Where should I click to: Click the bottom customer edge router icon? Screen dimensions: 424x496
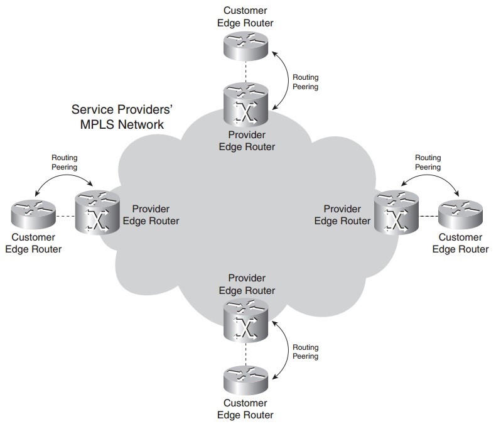tap(246, 379)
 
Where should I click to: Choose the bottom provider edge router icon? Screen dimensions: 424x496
tap(246, 321)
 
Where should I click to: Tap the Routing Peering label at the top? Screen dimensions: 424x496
tap(306, 82)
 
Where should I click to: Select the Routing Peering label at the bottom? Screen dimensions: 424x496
tap(306, 351)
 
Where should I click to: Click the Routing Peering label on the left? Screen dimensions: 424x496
tap(64, 163)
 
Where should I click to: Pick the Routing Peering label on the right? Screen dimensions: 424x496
tap(428, 163)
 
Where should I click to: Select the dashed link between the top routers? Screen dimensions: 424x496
tap(246, 71)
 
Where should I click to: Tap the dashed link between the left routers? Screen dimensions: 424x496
tap(65, 217)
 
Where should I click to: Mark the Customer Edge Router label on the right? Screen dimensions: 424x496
tap(460, 243)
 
